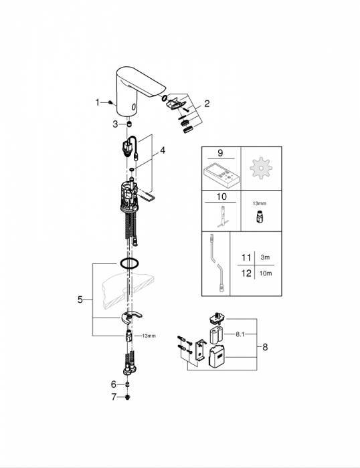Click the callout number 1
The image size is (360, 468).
[98, 102]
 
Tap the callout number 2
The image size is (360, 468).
[207, 104]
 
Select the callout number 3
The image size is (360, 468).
[115, 124]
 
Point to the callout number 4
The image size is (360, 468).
[163, 150]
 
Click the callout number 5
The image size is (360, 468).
[80, 300]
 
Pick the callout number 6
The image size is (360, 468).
[114, 384]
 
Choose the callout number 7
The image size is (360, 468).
[114, 397]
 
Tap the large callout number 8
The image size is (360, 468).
[265, 347]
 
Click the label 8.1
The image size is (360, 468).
[240, 334]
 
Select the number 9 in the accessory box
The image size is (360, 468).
[220, 153]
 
